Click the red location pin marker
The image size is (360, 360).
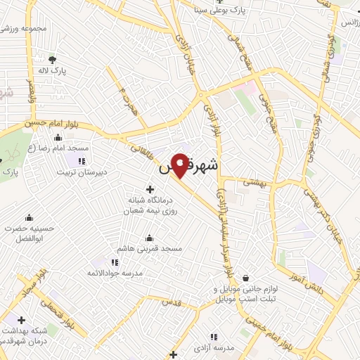181,164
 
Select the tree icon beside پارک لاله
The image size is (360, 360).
52,58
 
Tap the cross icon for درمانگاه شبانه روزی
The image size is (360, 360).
150,188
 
